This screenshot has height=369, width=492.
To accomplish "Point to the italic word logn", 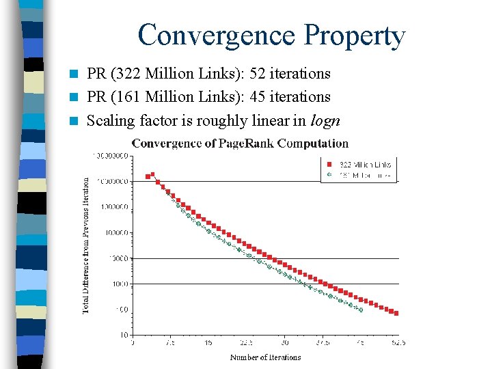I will tap(325, 121).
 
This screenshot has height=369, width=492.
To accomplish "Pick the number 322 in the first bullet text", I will tap(125, 73).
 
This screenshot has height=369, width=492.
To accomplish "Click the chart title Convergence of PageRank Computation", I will tap(240, 143).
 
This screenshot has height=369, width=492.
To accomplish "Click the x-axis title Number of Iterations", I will tap(265, 357).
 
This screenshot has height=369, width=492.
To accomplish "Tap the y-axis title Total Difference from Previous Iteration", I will tap(86, 246).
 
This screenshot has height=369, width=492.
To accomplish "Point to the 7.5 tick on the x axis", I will tap(170, 343).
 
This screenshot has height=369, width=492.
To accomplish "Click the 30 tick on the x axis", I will tap(284, 343).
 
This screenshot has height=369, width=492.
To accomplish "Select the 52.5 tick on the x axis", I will tap(397, 343).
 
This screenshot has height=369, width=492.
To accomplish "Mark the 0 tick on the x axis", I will tap(133, 343).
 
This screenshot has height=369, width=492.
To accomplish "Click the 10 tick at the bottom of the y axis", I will tap(124, 335).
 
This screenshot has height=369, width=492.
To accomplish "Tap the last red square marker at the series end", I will tap(396, 314).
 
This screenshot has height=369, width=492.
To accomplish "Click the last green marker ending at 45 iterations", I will tap(360, 310).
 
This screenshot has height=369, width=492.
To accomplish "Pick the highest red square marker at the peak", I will tap(152, 174).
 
